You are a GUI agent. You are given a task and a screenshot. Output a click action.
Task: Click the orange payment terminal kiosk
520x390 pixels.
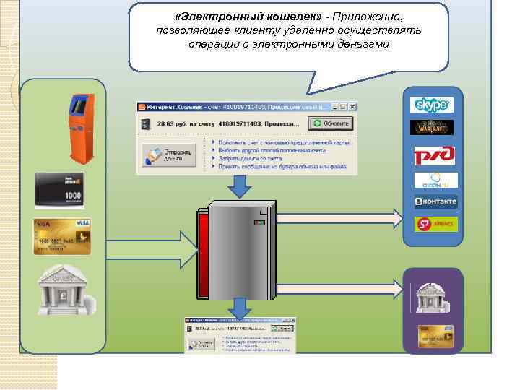[x=80, y=128]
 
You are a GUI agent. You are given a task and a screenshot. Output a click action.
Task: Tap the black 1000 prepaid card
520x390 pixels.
[x=60, y=190]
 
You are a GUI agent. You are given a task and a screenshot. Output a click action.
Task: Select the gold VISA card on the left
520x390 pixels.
[x=62, y=235]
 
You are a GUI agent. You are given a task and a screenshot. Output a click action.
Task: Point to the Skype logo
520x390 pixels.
[x=432, y=105]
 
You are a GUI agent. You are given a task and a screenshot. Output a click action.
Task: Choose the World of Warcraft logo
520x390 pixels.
[x=432, y=128]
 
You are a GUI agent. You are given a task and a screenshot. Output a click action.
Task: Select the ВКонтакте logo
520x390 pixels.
[x=435, y=201]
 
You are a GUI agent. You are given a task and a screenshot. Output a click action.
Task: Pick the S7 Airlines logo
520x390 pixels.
[x=435, y=225]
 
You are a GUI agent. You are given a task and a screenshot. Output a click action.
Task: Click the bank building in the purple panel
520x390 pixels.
[x=433, y=297]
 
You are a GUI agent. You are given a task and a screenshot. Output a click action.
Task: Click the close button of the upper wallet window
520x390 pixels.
[x=351, y=106]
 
